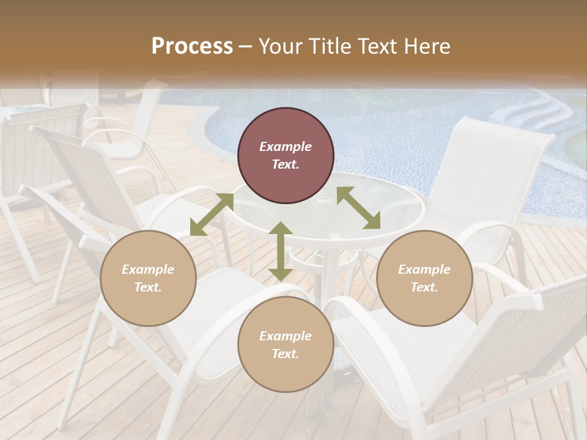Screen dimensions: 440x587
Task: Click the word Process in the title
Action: [192, 46]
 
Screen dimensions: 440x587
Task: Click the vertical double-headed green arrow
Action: [280, 251]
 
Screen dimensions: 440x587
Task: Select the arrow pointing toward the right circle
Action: [358, 208]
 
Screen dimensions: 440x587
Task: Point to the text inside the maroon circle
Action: [286, 155]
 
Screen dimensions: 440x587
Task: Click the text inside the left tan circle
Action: [148, 278]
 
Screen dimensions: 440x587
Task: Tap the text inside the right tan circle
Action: [424, 278]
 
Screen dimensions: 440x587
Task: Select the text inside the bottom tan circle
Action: [286, 345]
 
